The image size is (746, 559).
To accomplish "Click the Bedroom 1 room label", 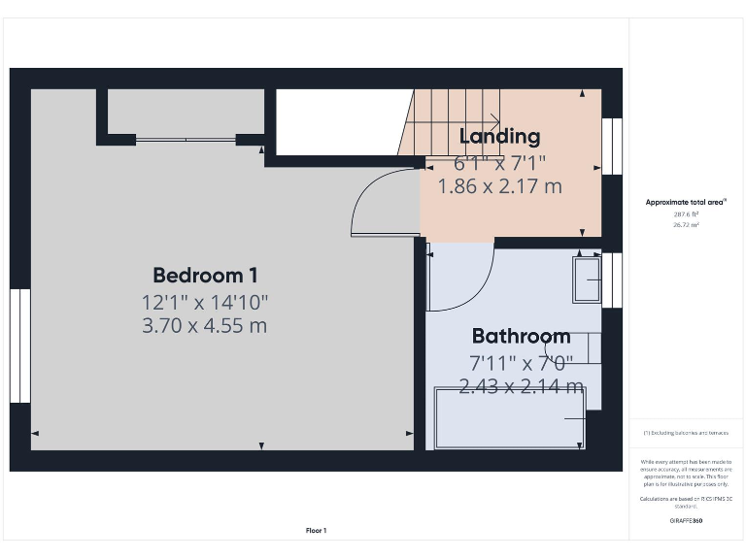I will pyautogui.click(x=205, y=275).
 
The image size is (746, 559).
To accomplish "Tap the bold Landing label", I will pyautogui.click(x=499, y=136).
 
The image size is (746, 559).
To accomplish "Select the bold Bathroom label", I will pyautogui.click(x=521, y=337).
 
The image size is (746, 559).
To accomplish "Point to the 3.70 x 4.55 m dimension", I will pyautogui.click(x=205, y=326).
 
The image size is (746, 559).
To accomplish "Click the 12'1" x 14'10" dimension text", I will pyautogui.click(x=205, y=302).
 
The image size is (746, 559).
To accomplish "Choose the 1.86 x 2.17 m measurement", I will pyautogui.click(x=499, y=186).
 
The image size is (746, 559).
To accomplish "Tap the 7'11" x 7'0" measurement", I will pyautogui.click(x=521, y=363).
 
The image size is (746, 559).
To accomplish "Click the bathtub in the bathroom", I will pyautogui.click(x=510, y=417).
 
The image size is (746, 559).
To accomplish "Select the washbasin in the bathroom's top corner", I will pyautogui.click(x=587, y=279).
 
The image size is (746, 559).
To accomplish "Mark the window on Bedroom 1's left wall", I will pyautogui.click(x=19, y=345).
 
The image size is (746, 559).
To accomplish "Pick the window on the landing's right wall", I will pyautogui.click(x=611, y=146).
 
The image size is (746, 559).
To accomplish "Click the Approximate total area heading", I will pyautogui.click(x=687, y=202).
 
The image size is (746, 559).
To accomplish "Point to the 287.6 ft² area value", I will pyautogui.click(x=687, y=214).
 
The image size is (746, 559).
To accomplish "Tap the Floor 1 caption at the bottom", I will pyautogui.click(x=316, y=530).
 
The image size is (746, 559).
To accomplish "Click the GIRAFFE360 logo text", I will pyautogui.click(x=687, y=521).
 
